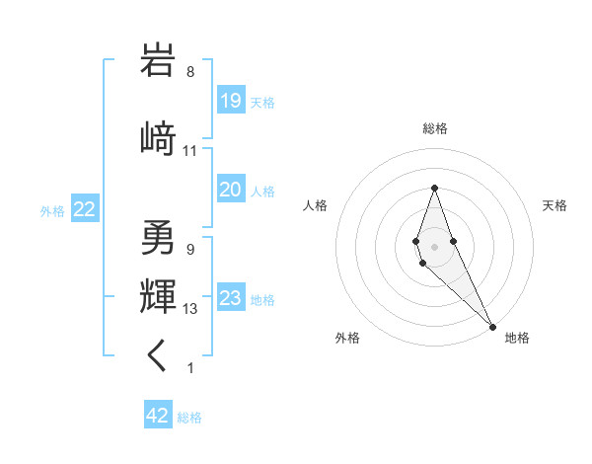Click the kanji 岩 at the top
pos(159,61)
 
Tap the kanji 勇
pos(159,237)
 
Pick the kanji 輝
pos(159,295)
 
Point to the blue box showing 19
pos(230,101)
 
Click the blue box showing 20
pos(230,190)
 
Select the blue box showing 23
pos(230,298)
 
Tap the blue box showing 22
pos(84,209)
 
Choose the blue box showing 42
pos(157,416)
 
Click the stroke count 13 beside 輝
pos(190,309)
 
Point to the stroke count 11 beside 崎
pos(190,151)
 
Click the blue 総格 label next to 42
pos(189,418)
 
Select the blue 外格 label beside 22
pos(52,210)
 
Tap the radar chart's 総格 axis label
pos(434,128)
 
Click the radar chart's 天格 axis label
pos(555,205)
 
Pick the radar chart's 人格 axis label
pos(315,205)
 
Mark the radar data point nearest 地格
pos(491,326)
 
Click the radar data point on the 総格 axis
pos(434,188)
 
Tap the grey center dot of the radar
pos(434,246)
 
